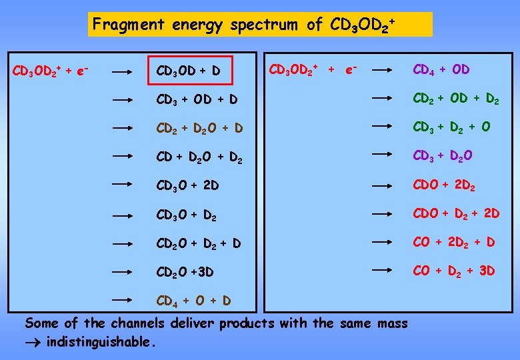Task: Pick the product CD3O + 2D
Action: [x=187, y=185]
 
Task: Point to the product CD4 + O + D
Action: [x=193, y=301]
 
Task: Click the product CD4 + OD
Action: [x=441, y=69]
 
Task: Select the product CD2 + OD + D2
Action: [x=456, y=99]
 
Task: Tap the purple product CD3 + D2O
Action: [x=443, y=156]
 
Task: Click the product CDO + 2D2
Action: [x=443, y=184]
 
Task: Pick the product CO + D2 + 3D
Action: [x=454, y=271]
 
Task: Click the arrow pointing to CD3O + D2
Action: [x=124, y=215]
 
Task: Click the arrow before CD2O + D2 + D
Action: [x=124, y=244]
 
